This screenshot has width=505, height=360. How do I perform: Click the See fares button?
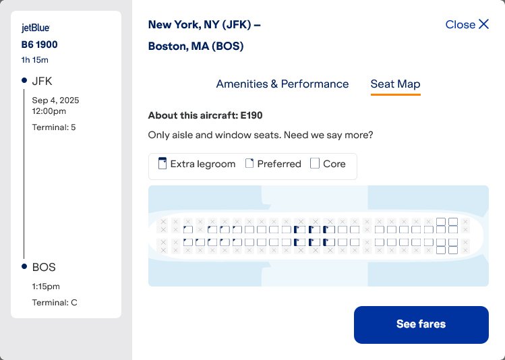click(421, 324)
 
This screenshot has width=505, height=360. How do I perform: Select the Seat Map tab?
click(395, 84)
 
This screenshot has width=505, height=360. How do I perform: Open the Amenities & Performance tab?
click(282, 84)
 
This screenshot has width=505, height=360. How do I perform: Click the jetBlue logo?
click(36, 28)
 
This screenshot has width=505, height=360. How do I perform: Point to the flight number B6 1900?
click(40, 45)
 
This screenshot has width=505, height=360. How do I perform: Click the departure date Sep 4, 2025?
click(55, 100)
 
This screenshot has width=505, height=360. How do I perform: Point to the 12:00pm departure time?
click(49, 111)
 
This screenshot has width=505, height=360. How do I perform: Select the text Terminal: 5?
click(54, 127)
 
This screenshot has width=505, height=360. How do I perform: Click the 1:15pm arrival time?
click(47, 286)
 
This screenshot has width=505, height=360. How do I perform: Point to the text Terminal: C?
click(55, 303)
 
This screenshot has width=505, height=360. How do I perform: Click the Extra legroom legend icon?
click(162, 164)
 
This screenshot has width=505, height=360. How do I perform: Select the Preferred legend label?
click(278, 164)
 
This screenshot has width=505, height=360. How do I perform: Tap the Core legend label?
click(334, 164)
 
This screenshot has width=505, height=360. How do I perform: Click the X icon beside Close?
click(483, 24)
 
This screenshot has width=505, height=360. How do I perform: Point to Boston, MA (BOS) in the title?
click(196, 47)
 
